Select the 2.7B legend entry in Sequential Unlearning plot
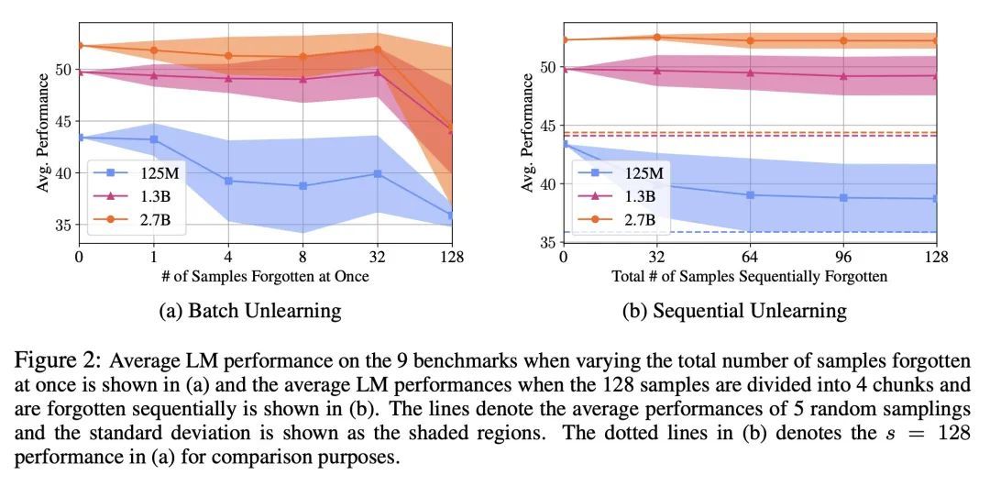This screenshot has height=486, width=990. pos(622,220)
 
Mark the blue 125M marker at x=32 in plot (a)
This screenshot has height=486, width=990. pos(377,173)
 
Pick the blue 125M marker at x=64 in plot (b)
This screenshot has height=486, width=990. pos(750,194)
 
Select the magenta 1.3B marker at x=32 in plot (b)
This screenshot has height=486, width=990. pos(656,70)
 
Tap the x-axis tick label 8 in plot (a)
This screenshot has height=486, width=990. pos(302,258)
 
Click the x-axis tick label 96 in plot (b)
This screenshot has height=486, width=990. pos(843,258)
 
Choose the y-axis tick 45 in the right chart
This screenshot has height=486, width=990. pos(546,126)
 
